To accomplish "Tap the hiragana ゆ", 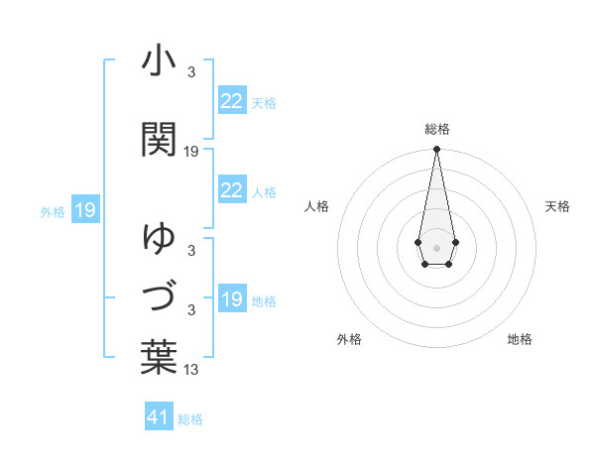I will pos(159,238).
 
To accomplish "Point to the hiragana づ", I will pos(159,296).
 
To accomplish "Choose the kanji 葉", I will pos(159,356).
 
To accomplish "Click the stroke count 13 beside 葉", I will pos(191,370).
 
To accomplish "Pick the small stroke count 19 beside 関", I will pos(191,152).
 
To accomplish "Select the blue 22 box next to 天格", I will pos(231,101).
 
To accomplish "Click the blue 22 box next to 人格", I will pos(231,190).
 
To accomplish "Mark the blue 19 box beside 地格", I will pos(231,299).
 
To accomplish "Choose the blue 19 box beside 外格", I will pos(84,210).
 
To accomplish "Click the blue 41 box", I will pos(159,418).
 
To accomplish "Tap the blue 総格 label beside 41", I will pos(190,419).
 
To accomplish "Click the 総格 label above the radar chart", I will pos(437,129).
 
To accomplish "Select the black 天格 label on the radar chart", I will pos(558,206).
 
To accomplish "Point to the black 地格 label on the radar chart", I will pos(520,339).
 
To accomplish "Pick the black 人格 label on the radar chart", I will pos(317,206).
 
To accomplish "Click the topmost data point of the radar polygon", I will pos(436,150).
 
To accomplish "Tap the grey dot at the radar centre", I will pos(436,246).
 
